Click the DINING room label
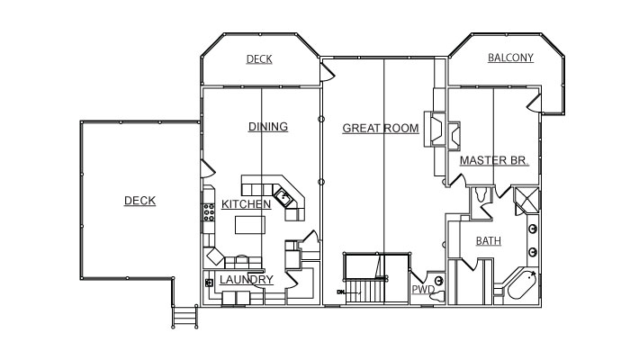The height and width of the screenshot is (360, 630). click(x=268, y=127)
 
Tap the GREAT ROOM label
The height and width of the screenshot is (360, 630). click(x=381, y=128)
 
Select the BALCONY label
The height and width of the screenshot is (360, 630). click(x=510, y=58)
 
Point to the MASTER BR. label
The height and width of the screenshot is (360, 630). click(x=493, y=160)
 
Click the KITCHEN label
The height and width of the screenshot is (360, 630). click(x=246, y=204)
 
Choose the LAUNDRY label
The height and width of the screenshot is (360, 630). click(x=247, y=280)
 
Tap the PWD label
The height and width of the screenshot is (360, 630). click(x=423, y=289)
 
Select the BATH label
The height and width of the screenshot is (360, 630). click(x=488, y=241)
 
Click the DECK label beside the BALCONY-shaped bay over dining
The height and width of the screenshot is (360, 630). click(x=259, y=59)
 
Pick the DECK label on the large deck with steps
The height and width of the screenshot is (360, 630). click(x=139, y=201)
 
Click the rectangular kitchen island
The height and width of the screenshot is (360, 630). click(x=250, y=225)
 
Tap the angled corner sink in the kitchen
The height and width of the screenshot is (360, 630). click(x=283, y=197)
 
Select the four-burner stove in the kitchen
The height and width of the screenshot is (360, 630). click(x=209, y=212)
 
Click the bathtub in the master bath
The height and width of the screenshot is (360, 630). click(x=521, y=285)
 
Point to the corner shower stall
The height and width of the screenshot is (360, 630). click(x=526, y=200)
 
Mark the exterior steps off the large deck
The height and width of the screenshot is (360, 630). click(x=184, y=317)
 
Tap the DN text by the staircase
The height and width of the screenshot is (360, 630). click(x=341, y=292)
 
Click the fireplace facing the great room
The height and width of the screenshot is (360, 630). click(x=435, y=129)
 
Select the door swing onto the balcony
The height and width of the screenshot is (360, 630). click(x=535, y=103)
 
